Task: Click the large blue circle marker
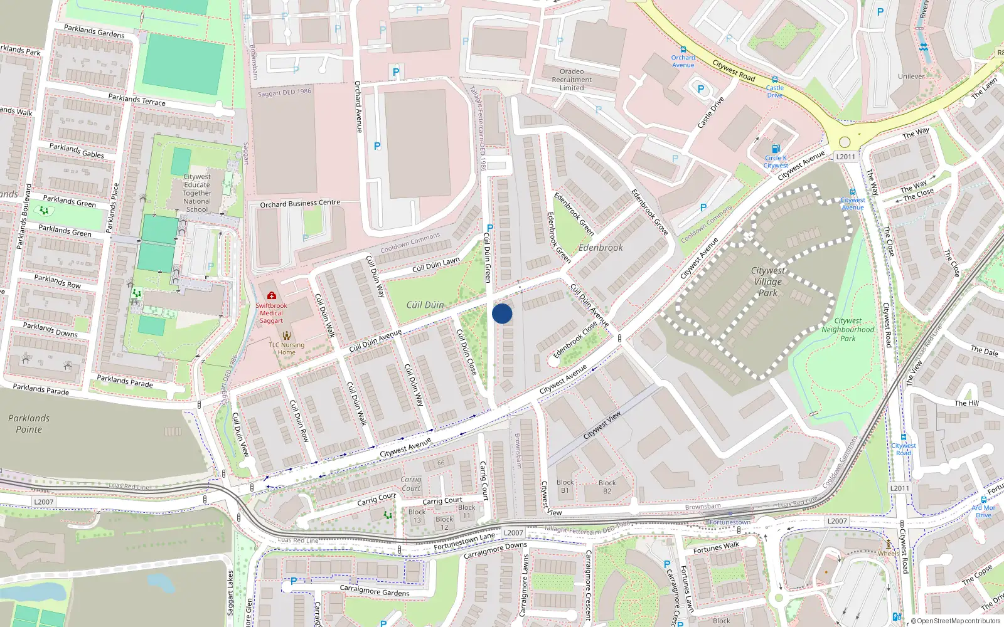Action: (x=502, y=313)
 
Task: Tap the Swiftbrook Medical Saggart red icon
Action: (x=271, y=295)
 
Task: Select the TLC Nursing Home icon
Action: (x=287, y=335)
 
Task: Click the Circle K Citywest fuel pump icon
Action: (x=776, y=149)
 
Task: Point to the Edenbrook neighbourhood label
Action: (x=601, y=248)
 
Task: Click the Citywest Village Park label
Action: (x=768, y=282)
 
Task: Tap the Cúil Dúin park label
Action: (x=425, y=305)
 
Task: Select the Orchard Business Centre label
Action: (x=300, y=204)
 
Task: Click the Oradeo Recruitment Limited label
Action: (x=572, y=80)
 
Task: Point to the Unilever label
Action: (x=911, y=76)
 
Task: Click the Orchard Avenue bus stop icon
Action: (x=683, y=50)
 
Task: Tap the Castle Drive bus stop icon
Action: (x=775, y=80)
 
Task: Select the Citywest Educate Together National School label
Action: (x=197, y=193)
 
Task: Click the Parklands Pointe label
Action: (x=29, y=424)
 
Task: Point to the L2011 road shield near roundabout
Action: (x=845, y=157)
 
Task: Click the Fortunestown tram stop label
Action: (x=730, y=522)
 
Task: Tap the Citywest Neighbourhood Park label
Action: (x=848, y=329)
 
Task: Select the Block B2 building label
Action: (x=607, y=487)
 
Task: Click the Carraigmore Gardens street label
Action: (x=374, y=591)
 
